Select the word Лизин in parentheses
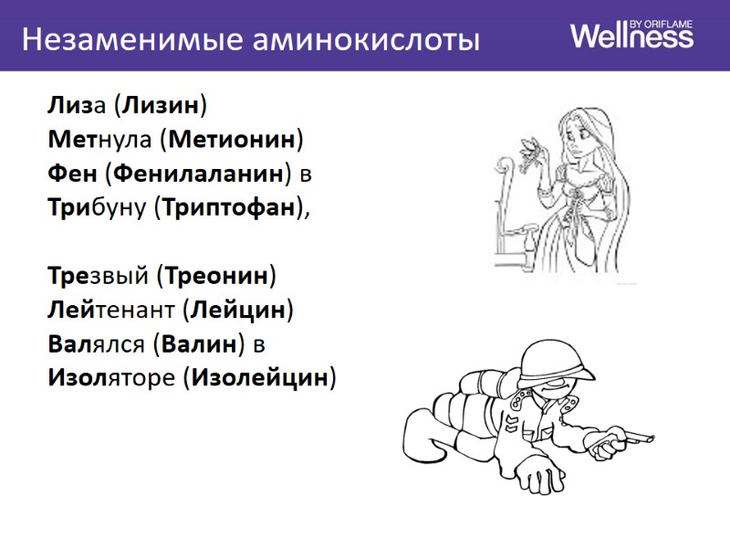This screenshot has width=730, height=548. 161,106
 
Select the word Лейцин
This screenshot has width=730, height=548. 237,309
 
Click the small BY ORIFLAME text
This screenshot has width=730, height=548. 662,21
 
